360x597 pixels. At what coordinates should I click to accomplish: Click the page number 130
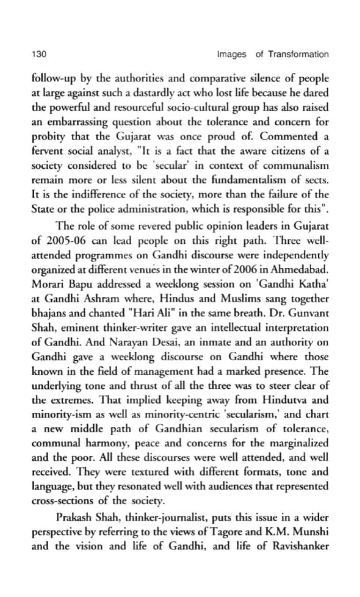click(38, 54)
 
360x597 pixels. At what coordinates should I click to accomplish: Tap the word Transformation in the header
click(298, 54)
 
